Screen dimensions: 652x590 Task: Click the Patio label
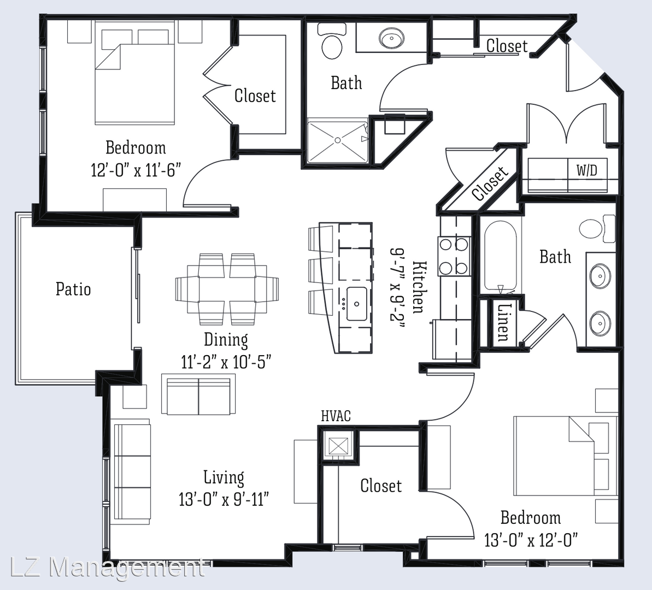click(73, 289)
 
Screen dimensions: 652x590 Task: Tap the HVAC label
click(336, 416)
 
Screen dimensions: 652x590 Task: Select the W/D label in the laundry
click(587, 170)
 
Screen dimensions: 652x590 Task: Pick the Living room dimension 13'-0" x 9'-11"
click(224, 499)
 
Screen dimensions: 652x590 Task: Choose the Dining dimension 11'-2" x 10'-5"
click(226, 362)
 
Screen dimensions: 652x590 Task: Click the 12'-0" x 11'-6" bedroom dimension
click(136, 170)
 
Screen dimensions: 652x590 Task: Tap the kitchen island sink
click(356, 304)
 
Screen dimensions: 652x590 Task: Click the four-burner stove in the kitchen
click(454, 256)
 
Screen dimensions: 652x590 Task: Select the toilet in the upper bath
click(332, 41)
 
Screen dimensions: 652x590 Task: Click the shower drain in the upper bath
click(338, 140)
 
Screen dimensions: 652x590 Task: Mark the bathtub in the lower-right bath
click(501, 256)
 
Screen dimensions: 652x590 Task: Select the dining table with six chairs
click(227, 290)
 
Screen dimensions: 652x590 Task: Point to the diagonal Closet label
click(491, 182)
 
